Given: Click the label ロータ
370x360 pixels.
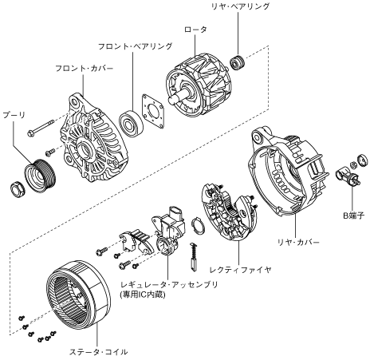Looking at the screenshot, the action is point(195,30).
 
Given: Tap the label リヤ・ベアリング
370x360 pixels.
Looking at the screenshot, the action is point(240,6).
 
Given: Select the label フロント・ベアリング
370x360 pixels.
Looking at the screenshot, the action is point(135,46).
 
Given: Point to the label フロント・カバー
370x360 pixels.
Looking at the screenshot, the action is point(84,69).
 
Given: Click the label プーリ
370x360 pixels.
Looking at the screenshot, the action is point(14,115).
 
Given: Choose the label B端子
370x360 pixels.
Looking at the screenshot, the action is point(353,216).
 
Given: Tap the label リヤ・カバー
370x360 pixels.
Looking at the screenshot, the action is point(298,243).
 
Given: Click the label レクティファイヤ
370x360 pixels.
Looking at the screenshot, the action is point(240,270).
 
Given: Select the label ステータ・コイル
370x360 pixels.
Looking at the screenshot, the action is point(98,352).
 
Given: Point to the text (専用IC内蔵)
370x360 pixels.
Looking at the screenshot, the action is point(143,295).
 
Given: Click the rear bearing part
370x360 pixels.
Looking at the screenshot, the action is point(237,63).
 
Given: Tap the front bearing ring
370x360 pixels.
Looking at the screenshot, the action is point(131,124).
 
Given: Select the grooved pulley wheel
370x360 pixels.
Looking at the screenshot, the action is point(40,176).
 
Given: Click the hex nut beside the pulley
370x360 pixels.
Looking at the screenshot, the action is point(18,188).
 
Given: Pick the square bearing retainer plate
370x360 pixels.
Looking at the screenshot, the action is point(153,112).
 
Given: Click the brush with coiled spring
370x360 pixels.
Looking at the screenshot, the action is point(194,258).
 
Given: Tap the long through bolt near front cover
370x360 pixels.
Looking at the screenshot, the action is point(41,128).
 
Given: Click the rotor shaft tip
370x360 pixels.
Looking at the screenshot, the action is point(171,101).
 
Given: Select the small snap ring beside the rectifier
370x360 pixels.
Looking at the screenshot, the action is point(198,226).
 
